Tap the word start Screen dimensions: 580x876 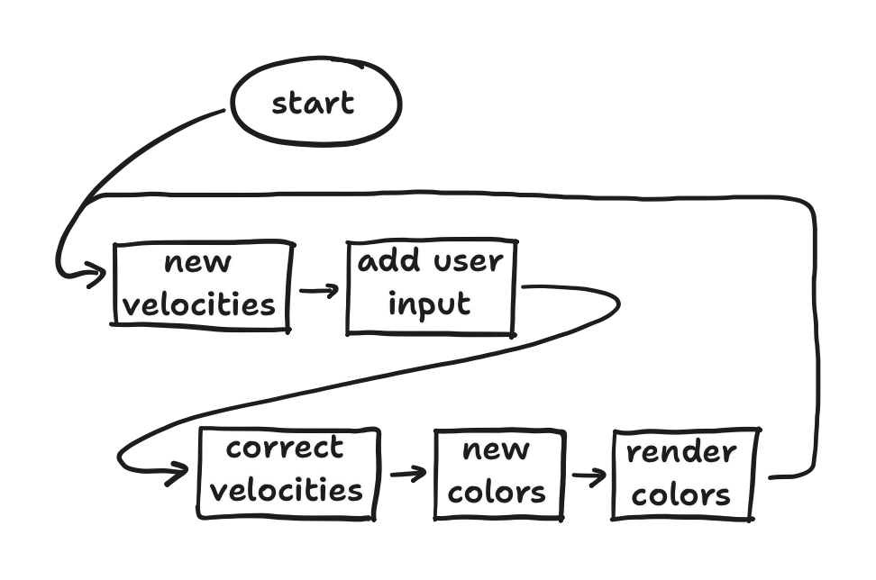coord(314,103)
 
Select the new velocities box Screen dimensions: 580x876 coord(202,285)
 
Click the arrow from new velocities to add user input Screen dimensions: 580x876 coord(319,291)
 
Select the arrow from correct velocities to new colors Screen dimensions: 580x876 coord(407,473)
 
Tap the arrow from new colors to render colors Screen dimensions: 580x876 coord(589,476)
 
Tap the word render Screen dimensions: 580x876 coord(682,452)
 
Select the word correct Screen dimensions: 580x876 coord(286,448)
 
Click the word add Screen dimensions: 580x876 coord(389,262)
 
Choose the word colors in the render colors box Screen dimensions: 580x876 coord(681,495)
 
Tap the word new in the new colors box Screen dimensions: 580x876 coord(496,449)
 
